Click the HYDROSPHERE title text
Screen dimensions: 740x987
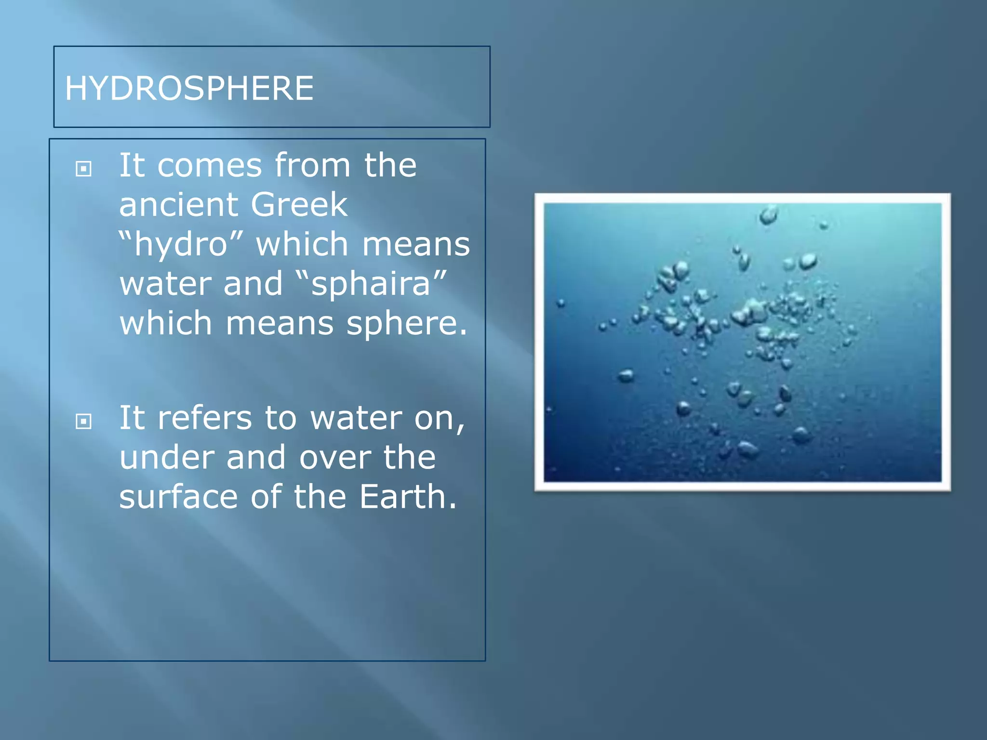[189, 89]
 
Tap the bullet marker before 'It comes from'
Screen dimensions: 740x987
[84, 169]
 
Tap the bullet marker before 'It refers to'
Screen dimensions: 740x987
[84, 422]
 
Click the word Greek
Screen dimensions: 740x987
[299, 205]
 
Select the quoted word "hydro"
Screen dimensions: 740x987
[181, 244]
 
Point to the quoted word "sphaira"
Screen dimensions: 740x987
[371, 284]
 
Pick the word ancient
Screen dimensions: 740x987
[178, 205]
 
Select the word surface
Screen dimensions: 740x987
[178, 497]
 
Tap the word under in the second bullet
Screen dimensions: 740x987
[166, 457]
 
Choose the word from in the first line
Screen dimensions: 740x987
[312, 165]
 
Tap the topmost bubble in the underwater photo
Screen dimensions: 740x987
[769, 214]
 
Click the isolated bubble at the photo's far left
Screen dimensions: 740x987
[560, 303]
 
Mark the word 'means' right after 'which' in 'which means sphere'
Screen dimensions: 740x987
[280, 323]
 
